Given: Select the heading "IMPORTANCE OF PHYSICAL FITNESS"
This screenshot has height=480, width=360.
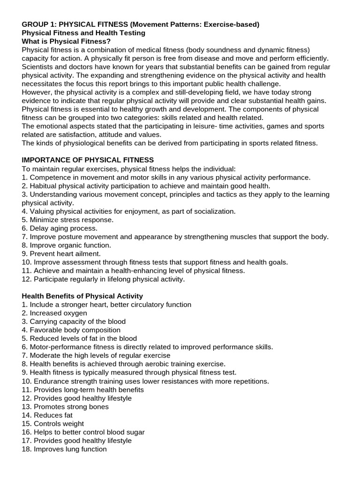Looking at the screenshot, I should tap(88, 160).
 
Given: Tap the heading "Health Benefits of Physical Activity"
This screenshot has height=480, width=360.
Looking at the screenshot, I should tap(82, 296).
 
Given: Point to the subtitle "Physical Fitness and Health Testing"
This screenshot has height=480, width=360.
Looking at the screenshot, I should tap(83, 33).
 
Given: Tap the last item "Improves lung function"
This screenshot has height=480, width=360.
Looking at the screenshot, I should tap(64, 449).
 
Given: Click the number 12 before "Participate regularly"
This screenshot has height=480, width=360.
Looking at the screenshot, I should tap(26, 279).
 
